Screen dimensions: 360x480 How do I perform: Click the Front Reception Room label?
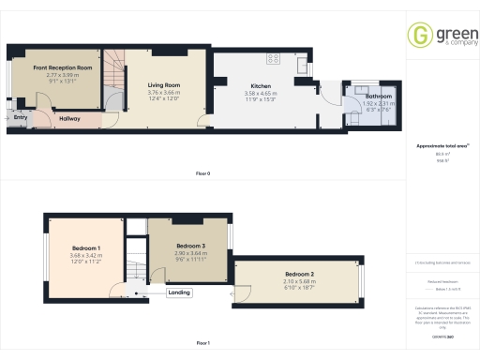click(x=63, y=68)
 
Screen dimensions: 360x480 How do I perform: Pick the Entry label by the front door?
click(x=21, y=117)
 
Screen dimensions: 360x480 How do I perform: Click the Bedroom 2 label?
click(x=299, y=274)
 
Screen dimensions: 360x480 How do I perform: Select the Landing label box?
click(x=179, y=292)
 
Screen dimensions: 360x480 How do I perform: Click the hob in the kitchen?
click(x=274, y=59)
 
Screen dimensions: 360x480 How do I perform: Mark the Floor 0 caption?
click(x=202, y=174)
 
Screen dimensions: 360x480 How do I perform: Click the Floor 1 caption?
click(x=202, y=344)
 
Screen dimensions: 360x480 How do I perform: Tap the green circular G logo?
click(x=419, y=35)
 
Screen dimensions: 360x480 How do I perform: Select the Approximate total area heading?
click(x=441, y=146)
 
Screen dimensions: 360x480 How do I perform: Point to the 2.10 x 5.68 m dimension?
click(x=299, y=280)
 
